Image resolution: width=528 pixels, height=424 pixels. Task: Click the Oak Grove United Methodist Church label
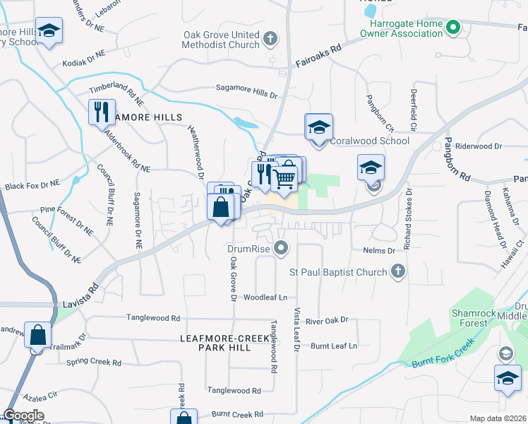[221, 40]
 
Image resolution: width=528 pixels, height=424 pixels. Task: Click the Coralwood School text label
[369, 141]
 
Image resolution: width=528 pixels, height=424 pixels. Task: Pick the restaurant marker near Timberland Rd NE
[101, 112]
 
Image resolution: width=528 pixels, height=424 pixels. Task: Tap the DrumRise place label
[249, 248]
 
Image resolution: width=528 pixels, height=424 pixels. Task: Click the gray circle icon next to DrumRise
[282, 248]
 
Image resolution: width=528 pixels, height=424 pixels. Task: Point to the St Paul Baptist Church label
[338, 272]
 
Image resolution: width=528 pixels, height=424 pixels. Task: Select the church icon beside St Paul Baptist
[398, 271]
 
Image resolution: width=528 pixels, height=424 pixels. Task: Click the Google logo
[23, 416]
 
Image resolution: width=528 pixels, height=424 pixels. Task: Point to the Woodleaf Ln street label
[265, 298]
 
